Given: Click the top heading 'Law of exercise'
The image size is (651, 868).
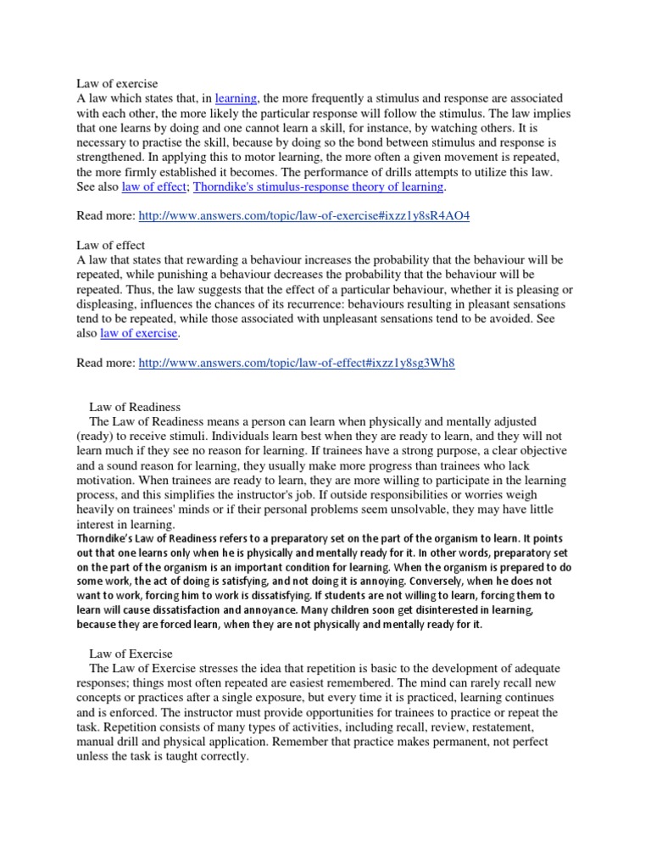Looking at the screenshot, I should [x=113, y=83].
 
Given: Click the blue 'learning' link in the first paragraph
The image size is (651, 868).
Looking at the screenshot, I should [x=236, y=99].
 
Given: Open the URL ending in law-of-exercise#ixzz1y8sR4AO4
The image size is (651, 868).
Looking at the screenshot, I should [x=303, y=216].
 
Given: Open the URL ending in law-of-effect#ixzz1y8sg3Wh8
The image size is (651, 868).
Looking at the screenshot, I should [x=297, y=363].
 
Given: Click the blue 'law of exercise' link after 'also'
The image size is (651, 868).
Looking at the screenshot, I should [x=140, y=333].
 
